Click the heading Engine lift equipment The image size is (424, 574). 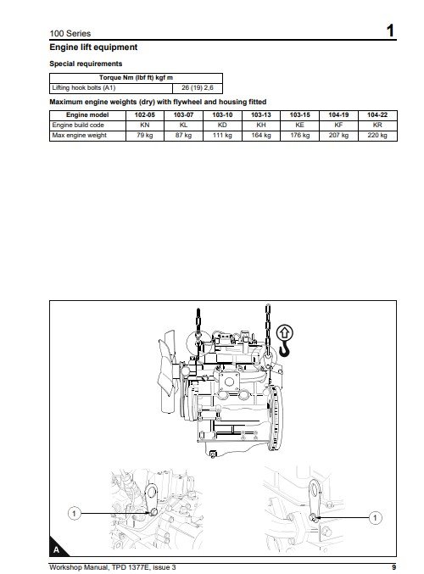pyautogui.click(x=93, y=47)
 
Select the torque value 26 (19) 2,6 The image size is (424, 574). pyautogui.click(x=198, y=88)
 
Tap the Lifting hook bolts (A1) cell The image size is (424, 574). pyautogui.click(x=84, y=88)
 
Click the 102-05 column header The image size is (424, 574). pyautogui.click(x=145, y=115)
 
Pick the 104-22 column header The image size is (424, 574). pyautogui.click(x=377, y=115)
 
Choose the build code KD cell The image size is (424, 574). pyautogui.click(x=222, y=125)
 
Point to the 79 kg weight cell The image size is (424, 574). pyautogui.click(x=145, y=136)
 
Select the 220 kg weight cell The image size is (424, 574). pyautogui.click(x=377, y=136)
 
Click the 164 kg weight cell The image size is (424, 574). pyautogui.click(x=261, y=136)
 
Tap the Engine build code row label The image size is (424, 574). pyautogui.click(x=78, y=125)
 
